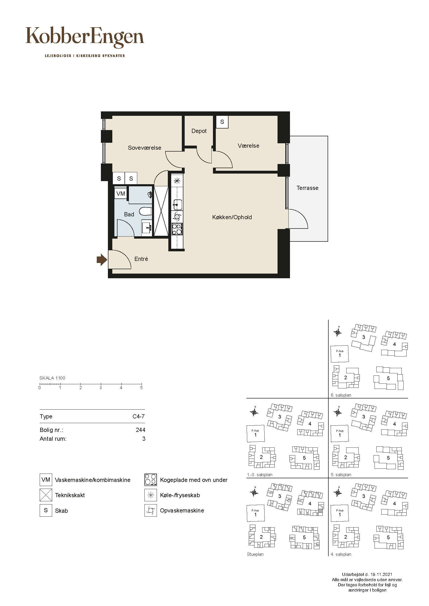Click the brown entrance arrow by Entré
pos(102,260)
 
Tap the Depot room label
pos(199,131)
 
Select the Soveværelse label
pos(144,148)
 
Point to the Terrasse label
pos(307,188)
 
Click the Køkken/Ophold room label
pos(232,217)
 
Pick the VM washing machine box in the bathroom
pos(121,194)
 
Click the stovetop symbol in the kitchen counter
pos(177,229)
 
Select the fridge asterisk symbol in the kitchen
pos(177,181)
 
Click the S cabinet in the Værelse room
pos(222,122)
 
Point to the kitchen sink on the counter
pos(177,205)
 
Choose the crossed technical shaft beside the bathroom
pos(161,211)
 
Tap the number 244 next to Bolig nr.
pos(141,430)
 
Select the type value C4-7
pos(139,417)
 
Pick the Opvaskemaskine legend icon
pos(151,510)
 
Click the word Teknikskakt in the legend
pos(70,495)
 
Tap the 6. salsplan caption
pos(341,395)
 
